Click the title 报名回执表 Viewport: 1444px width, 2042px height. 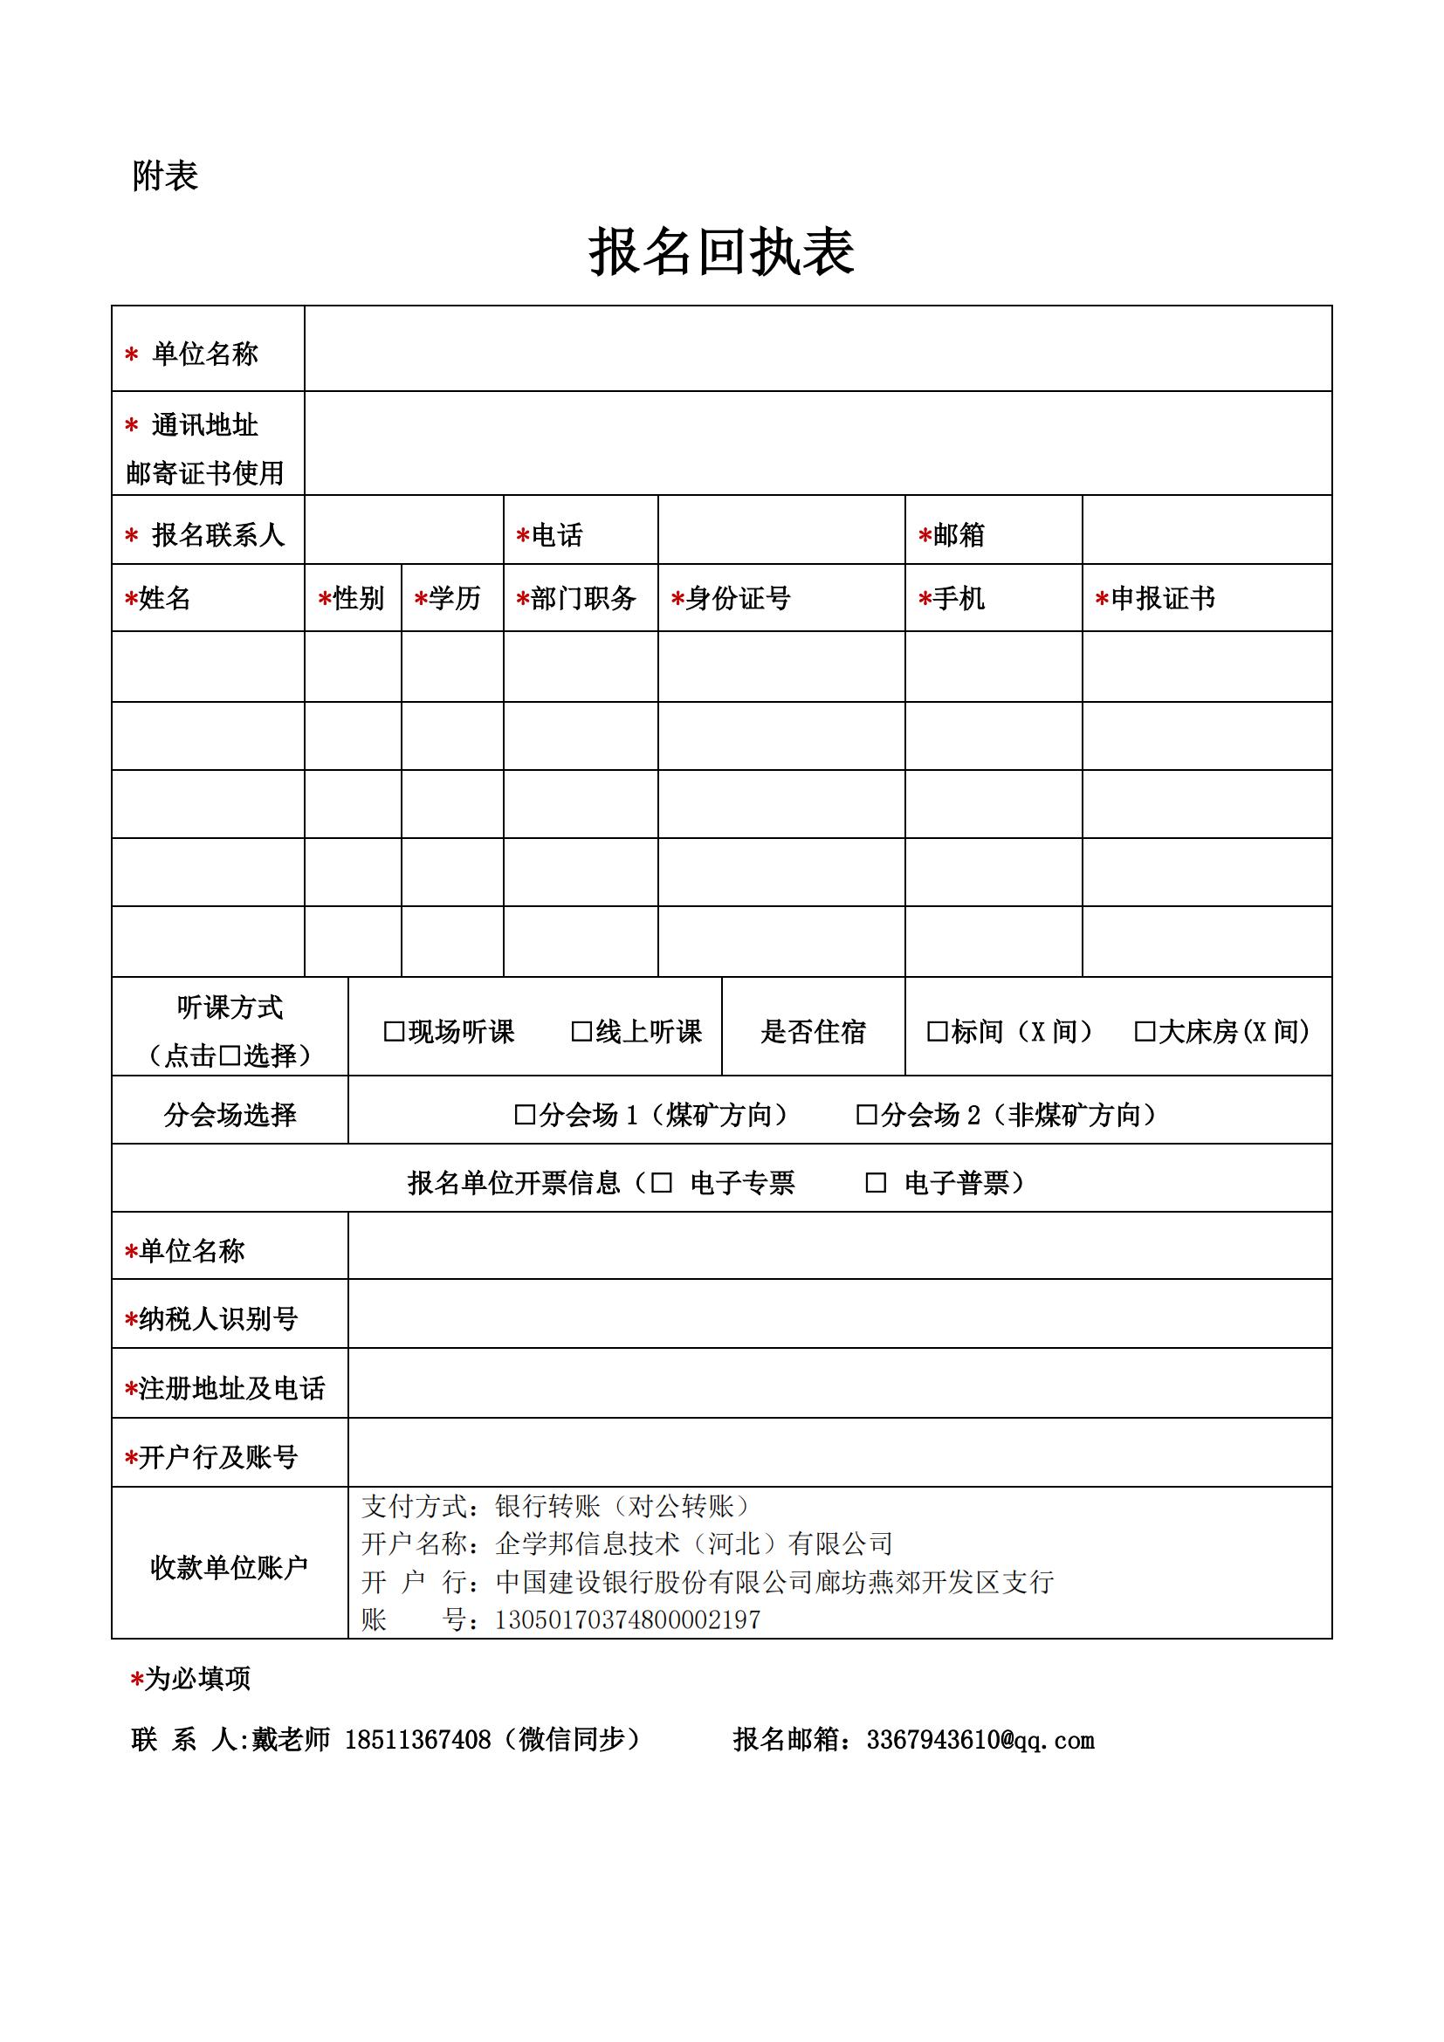pyautogui.click(x=721, y=251)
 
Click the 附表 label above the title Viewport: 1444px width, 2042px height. pyautogui.click(x=164, y=176)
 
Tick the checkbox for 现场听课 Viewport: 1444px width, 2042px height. pyautogui.click(x=393, y=1032)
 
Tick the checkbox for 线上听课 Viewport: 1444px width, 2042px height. pyautogui.click(x=581, y=1032)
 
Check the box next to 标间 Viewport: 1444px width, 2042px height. pyautogui.click(x=937, y=1032)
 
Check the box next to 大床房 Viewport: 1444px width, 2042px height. pyautogui.click(x=1145, y=1032)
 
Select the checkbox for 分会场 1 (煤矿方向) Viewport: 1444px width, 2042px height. pyautogui.click(x=525, y=1115)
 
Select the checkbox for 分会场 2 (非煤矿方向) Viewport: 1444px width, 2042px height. pyautogui.click(x=866, y=1115)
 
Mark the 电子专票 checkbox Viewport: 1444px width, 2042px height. pyautogui.click(x=662, y=1183)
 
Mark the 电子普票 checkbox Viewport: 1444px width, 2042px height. pyautogui.click(x=876, y=1183)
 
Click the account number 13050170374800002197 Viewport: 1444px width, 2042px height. pyautogui.click(x=628, y=1620)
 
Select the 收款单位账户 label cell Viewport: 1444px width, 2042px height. pyautogui.click(x=230, y=1568)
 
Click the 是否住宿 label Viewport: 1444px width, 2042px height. pyautogui.click(x=813, y=1032)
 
